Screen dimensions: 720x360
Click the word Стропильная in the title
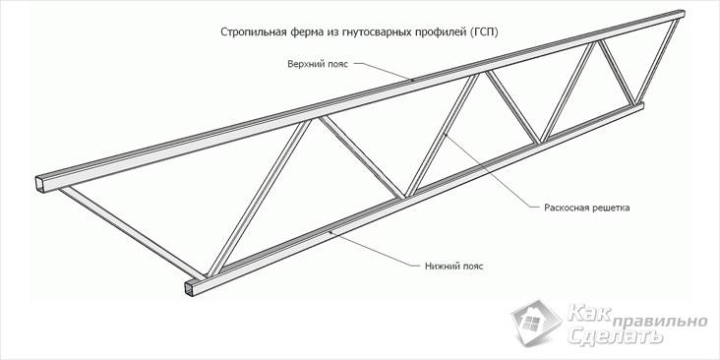254,31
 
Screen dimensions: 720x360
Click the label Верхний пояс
313,64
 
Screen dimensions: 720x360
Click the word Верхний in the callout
301,64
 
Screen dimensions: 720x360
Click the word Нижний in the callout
444,266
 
